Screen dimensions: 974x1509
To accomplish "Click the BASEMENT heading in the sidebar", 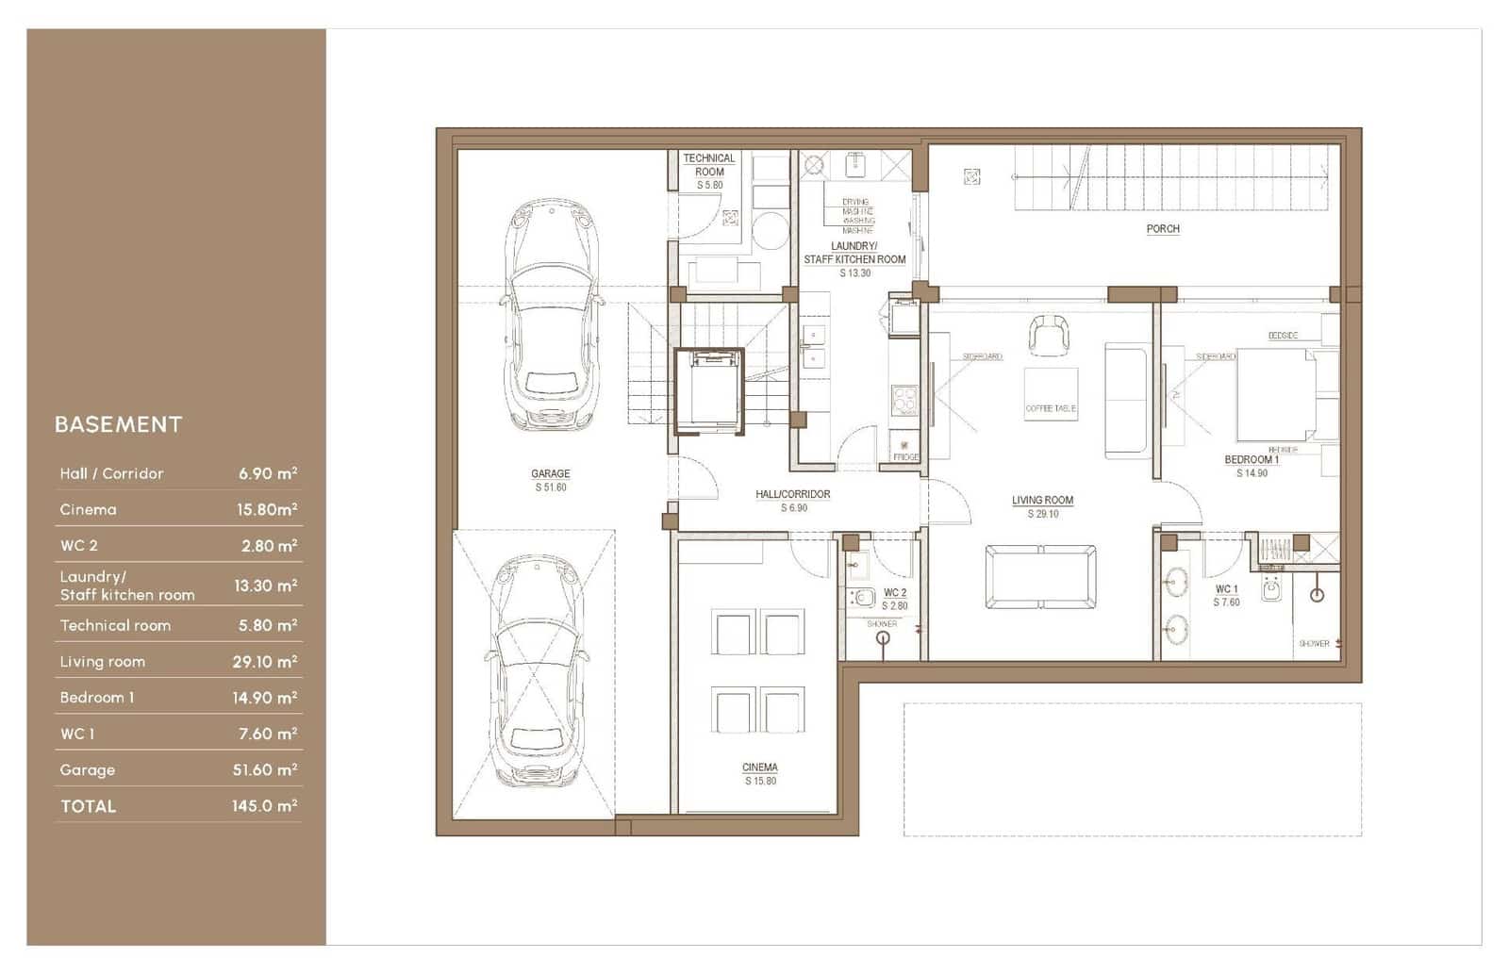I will [x=118, y=424].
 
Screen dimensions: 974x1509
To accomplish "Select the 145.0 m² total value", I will [x=264, y=806].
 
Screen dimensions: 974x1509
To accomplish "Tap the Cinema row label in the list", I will [x=89, y=510].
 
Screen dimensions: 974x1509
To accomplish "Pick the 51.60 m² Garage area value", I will [x=264, y=770].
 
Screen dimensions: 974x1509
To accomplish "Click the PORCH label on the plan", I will [x=1162, y=229].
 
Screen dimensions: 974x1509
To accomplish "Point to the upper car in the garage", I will [x=551, y=316].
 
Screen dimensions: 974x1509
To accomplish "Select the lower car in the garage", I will [x=535, y=671].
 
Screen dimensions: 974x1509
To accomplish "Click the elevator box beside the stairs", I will [x=709, y=391].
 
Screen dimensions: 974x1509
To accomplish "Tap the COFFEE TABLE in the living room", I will [x=1051, y=395].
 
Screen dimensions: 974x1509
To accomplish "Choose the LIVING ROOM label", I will [x=1042, y=501].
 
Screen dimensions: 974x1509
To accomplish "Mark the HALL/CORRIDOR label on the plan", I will [x=793, y=494].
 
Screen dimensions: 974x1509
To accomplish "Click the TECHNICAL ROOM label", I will [x=709, y=165].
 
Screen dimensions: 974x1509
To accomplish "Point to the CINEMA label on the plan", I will [x=760, y=768].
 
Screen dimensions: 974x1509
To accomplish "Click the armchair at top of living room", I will [x=1049, y=334].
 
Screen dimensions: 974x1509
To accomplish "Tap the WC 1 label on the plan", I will [x=1226, y=589].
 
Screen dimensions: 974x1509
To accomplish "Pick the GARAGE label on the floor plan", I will [x=551, y=474].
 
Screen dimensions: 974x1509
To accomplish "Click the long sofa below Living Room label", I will [x=1040, y=577].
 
